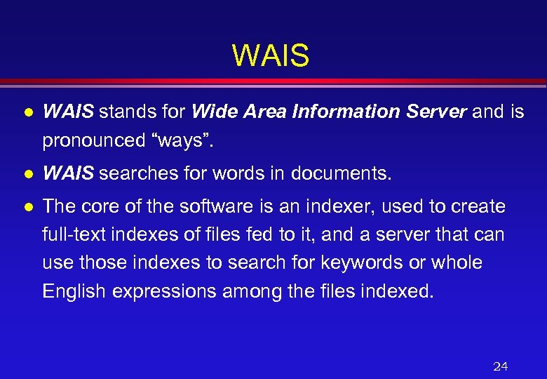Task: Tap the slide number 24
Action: pyautogui.click(x=500, y=366)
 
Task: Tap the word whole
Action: pyautogui.click(x=458, y=262)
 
